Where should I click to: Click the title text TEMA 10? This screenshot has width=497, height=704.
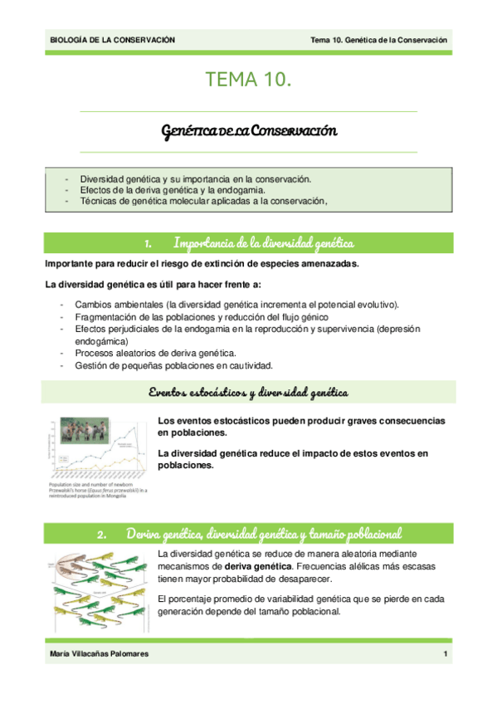click(248, 80)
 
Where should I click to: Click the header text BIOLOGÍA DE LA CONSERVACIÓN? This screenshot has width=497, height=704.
click(113, 40)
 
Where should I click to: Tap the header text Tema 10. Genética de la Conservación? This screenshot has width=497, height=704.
click(378, 40)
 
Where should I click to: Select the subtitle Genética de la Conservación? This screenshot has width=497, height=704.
click(249, 131)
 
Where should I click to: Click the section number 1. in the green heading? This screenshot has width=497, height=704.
click(147, 243)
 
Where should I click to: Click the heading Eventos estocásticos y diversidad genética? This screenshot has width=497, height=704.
click(248, 392)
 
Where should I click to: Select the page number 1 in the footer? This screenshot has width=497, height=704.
click(446, 656)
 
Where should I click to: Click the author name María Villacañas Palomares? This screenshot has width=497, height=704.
click(103, 656)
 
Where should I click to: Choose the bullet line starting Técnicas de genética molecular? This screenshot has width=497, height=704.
click(198, 200)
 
